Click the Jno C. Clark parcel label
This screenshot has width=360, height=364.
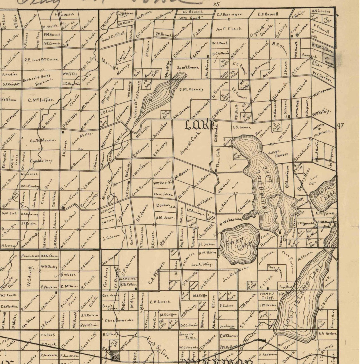click(x=229, y=29)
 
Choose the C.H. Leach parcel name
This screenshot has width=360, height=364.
click(x=160, y=302)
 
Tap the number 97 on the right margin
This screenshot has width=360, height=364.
click(x=340, y=126)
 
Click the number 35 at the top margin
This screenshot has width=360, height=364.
click(x=216, y=4)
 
